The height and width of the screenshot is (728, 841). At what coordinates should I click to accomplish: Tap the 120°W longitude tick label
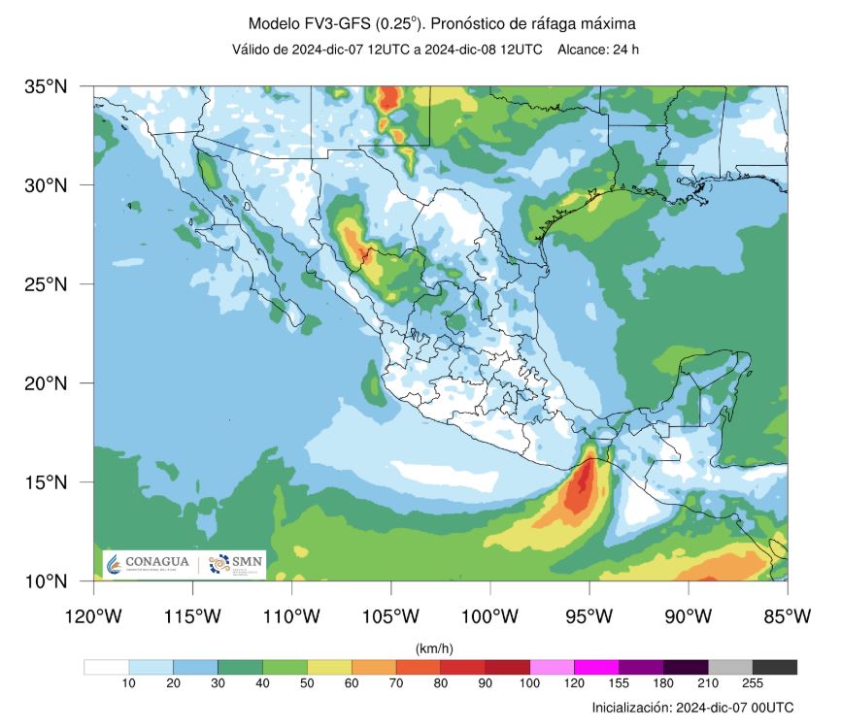[93, 615]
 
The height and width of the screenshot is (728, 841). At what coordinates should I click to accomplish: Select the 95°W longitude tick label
[589, 615]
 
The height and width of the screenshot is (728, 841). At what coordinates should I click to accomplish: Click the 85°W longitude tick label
[787, 615]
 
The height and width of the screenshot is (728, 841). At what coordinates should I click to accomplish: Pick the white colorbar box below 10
[106, 667]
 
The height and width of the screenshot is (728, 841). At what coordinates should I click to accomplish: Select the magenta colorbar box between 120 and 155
[596, 667]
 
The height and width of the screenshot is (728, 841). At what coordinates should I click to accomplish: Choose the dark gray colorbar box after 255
[774, 667]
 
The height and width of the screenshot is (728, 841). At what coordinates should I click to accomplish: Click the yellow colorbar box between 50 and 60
[329, 667]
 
